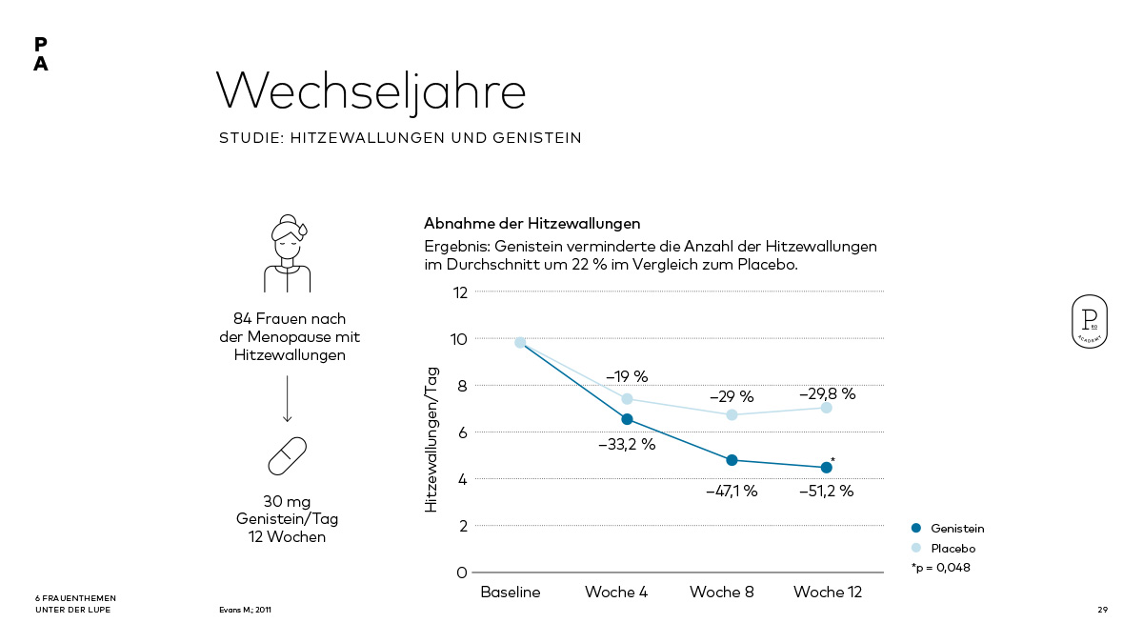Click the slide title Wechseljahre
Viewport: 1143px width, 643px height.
371,91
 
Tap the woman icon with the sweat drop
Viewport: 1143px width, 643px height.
288,252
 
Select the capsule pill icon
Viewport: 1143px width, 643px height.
287,456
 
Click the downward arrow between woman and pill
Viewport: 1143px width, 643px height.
287,398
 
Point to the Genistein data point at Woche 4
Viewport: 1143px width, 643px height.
627,419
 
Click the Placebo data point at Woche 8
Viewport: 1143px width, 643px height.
732,414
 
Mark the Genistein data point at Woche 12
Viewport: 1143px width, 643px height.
826,467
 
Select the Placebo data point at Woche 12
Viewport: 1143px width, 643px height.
826,408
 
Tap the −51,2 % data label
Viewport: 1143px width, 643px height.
826,492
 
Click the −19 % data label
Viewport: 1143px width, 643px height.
627,376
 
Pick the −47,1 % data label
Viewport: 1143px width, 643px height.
731,492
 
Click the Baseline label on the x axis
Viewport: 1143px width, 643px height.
510,593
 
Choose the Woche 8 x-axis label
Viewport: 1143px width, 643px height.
721,593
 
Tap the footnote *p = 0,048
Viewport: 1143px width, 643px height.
940,568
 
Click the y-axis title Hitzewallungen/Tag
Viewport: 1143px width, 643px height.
431,440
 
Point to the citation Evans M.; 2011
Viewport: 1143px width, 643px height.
245,610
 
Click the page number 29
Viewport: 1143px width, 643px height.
1102,610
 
